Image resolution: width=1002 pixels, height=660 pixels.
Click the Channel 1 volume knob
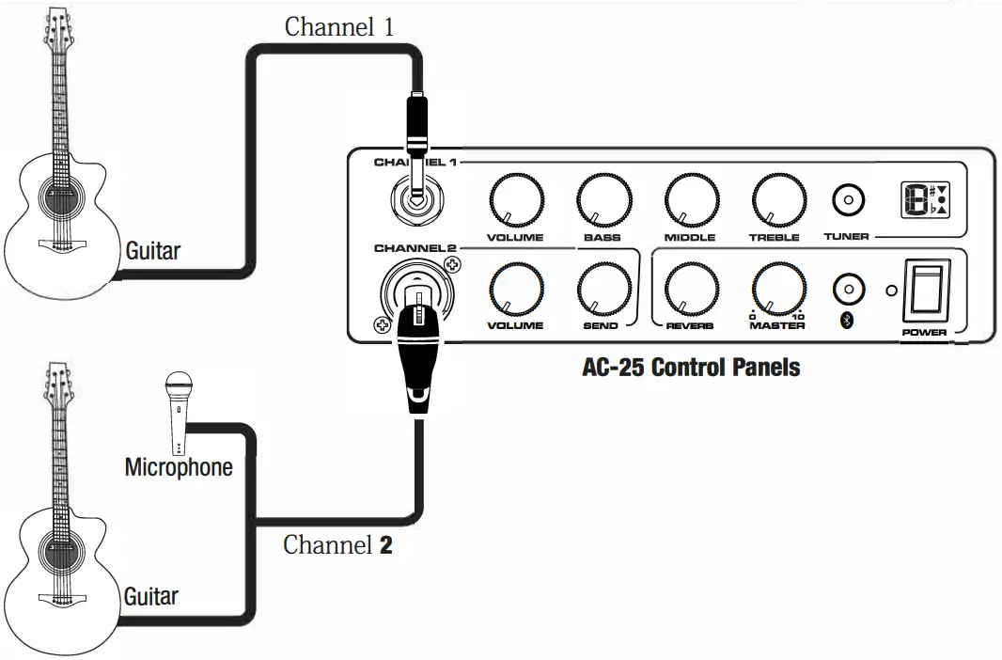click(516, 200)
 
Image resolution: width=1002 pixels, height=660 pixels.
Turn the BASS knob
click(603, 200)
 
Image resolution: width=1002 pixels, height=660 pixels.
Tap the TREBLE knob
click(778, 200)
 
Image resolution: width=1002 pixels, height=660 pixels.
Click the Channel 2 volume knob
click(516, 289)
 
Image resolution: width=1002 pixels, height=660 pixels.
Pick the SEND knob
click(603, 289)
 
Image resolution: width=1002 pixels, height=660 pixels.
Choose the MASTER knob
click(778, 289)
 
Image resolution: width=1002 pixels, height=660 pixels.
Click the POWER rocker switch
click(923, 291)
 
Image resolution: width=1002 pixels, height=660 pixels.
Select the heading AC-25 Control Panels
click(691, 367)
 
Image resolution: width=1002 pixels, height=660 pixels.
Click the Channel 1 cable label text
click(338, 26)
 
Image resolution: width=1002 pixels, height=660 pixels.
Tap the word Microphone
click(179, 466)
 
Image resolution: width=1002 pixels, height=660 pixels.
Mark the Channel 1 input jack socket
click(414, 200)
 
